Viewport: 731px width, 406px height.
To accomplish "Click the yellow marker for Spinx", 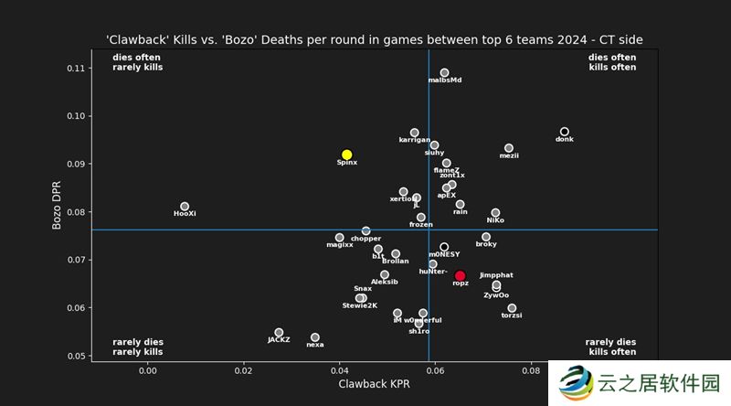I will tap(347, 155).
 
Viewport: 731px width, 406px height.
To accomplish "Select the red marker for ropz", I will tap(460, 275).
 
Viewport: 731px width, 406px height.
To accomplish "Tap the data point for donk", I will tap(565, 132).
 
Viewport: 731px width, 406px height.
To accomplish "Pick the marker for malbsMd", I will tap(444, 72).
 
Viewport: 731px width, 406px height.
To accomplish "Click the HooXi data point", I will tap(185, 207).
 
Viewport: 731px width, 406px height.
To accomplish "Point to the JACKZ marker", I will tap(279, 333).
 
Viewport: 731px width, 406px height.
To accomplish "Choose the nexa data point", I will tap(315, 337).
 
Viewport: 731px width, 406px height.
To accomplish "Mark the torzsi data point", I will tap(512, 308).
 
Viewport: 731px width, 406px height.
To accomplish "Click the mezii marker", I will tap(509, 148).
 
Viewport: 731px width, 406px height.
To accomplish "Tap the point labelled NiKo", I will tap(495, 213).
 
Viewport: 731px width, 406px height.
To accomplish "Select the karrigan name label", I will tap(414, 140).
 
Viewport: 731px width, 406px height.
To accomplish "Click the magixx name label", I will tap(339, 245).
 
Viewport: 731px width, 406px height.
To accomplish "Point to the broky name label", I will tap(486, 244).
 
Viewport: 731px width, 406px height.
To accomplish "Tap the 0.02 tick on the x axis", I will tap(243, 371).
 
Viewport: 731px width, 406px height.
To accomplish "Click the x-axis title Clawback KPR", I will tap(374, 385).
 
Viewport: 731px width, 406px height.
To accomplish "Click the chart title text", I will tap(375, 39).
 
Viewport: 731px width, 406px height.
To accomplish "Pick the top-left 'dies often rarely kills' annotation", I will tap(137, 62).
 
